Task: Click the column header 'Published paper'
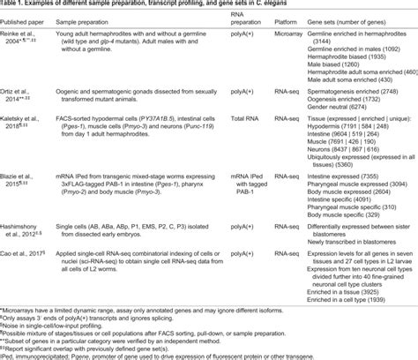(x=26, y=20)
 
